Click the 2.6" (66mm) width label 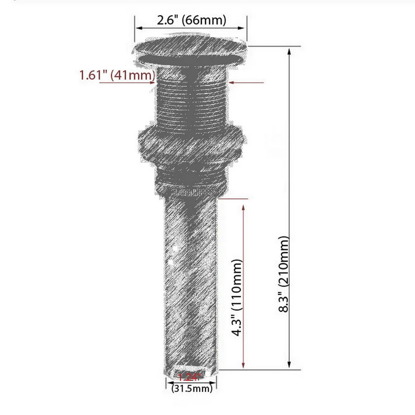[191, 20]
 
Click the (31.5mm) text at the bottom [192, 389]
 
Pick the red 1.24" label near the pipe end [189, 377]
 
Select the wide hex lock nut [190, 145]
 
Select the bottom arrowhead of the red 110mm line [243, 366]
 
